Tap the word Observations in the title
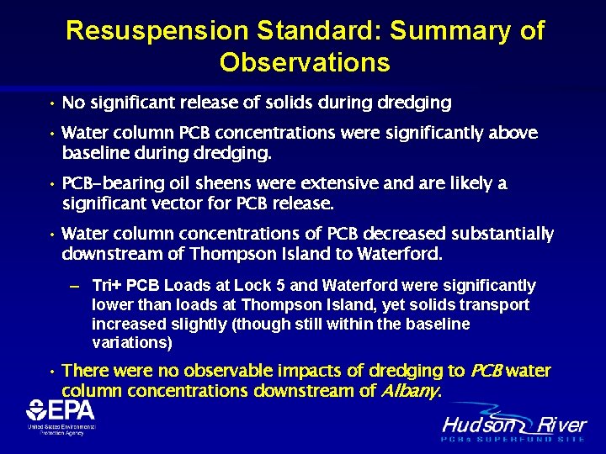coord(305,63)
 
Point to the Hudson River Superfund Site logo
coord(514,428)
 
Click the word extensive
coord(323,183)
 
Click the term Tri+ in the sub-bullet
coord(109,286)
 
